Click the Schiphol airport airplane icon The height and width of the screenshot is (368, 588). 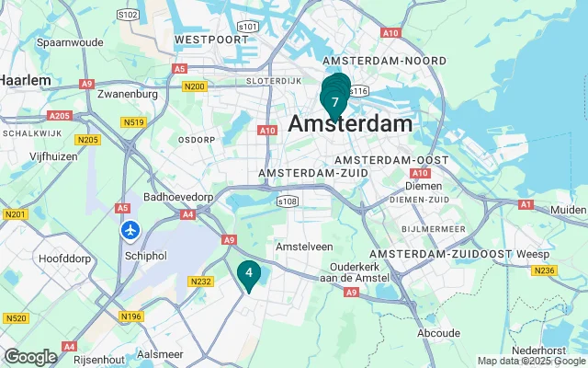(x=130, y=228)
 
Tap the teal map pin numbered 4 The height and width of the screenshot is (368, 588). (x=248, y=273)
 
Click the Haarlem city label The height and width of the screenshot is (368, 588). (x=25, y=80)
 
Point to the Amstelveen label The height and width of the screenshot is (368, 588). (x=304, y=247)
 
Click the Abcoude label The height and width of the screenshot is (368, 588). (x=437, y=333)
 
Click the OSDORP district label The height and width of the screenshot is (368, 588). (x=196, y=140)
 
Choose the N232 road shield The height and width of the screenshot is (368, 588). (x=200, y=282)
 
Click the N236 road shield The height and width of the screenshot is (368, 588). (x=571, y=270)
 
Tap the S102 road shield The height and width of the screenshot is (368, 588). (x=128, y=14)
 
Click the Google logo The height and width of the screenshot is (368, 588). (x=30, y=357)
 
